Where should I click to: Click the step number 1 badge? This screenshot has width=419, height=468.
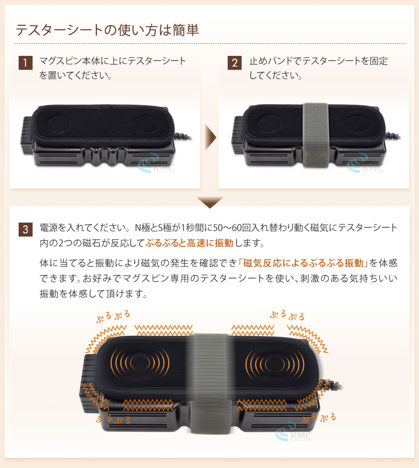point(25,63)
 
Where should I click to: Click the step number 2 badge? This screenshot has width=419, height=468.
point(235,63)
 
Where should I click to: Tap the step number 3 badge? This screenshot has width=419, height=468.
point(25,229)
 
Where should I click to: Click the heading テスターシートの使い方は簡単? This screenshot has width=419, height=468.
point(107,30)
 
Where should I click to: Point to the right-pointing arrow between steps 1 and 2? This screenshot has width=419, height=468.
point(210,137)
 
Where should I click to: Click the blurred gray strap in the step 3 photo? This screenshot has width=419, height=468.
point(209,384)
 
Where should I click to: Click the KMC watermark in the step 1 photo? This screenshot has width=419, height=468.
point(156,164)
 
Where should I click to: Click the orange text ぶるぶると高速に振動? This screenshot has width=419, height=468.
point(189,243)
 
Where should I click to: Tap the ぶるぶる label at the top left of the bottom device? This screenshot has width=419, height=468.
point(113,316)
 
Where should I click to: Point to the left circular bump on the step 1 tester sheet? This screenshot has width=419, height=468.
point(59,124)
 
